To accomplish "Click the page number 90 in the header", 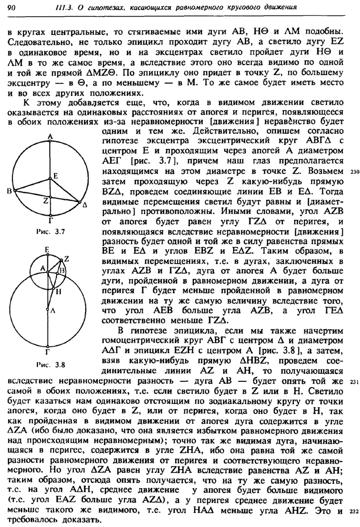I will point(13,7).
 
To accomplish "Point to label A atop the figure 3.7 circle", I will point(50,137).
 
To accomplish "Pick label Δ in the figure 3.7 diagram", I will point(85,206).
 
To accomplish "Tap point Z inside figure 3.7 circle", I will point(45,202).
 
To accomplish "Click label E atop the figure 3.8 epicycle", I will point(47,250).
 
